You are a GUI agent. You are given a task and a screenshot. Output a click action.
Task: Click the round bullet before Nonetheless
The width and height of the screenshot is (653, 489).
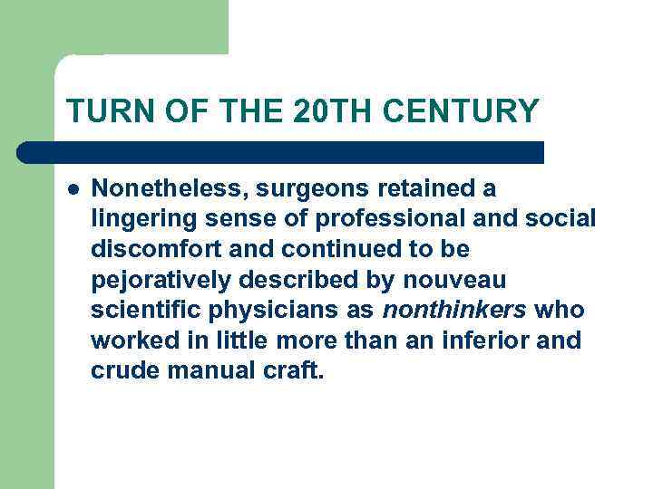click(73, 189)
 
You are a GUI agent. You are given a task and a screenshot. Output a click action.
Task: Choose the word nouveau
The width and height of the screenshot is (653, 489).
click(462, 280)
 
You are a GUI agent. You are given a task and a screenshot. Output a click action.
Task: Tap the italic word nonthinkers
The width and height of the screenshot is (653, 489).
click(454, 311)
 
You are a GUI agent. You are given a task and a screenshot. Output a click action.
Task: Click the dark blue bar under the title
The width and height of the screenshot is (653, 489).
click(281, 152)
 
